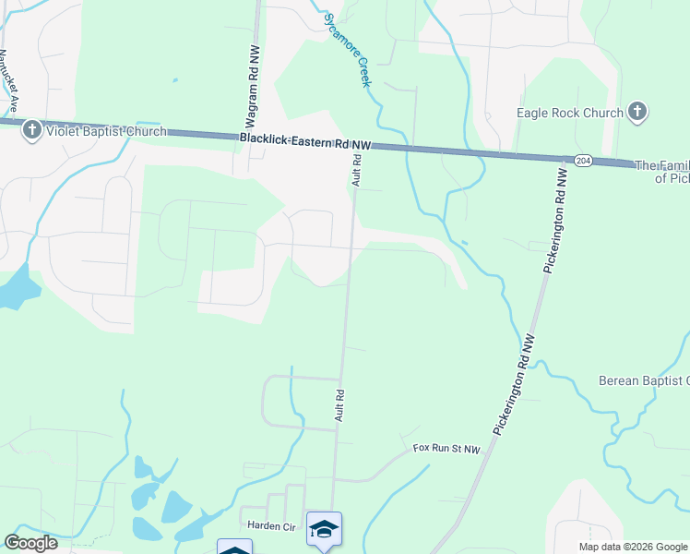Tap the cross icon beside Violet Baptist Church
(x=32, y=130)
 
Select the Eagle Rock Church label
(x=570, y=114)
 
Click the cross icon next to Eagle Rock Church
(x=636, y=113)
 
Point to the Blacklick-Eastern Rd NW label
(x=305, y=141)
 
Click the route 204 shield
(x=582, y=161)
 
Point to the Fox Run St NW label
(x=447, y=450)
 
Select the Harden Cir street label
(x=269, y=524)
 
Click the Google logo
(x=31, y=543)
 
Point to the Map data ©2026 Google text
(x=633, y=547)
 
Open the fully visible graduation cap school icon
(x=324, y=529)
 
